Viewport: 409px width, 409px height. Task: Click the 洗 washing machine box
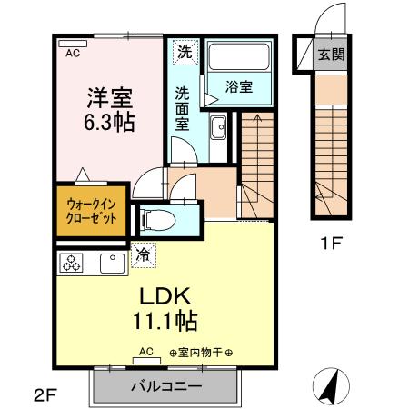point(185,52)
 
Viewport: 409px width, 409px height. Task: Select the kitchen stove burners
point(72,264)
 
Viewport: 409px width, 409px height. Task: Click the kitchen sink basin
point(112,264)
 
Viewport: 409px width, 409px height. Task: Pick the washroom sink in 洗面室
point(218,130)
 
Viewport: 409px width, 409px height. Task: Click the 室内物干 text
point(201,352)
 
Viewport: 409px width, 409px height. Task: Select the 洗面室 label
point(183,106)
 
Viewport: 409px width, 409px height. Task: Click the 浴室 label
point(239,87)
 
